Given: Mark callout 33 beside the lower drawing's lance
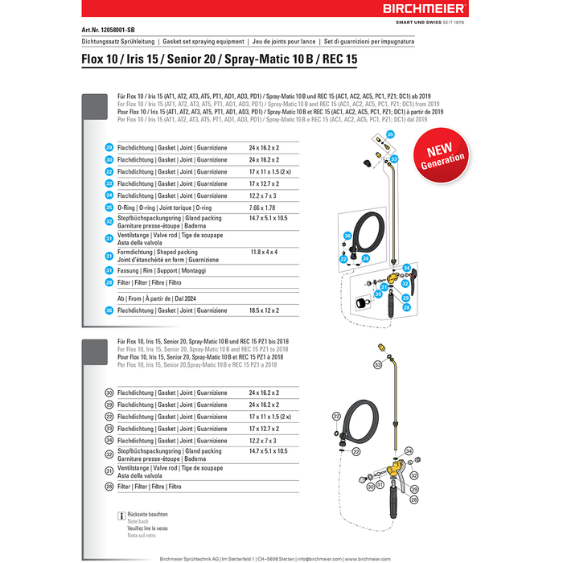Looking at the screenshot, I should point(377,365).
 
